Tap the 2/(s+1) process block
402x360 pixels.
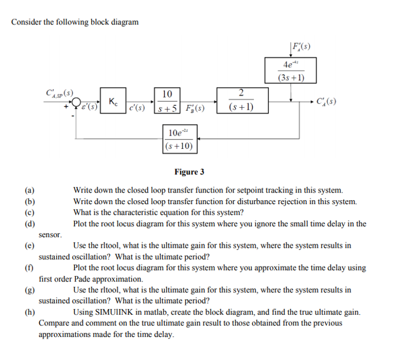(x=241, y=100)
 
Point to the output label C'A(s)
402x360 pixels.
(x=326, y=102)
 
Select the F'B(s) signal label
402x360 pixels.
(x=194, y=108)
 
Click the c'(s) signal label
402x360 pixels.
(x=136, y=108)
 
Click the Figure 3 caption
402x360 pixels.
(x=189, y=172)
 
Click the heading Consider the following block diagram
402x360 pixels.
(x=75, y=22)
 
